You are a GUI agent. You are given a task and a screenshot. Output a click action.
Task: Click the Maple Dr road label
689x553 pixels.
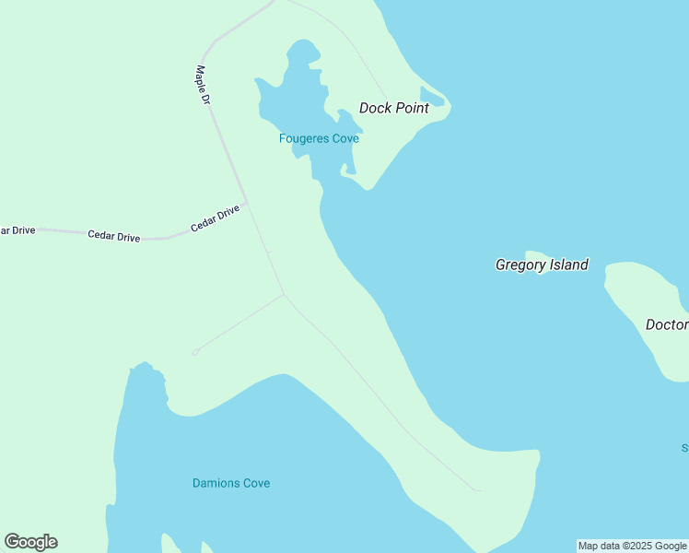(x=204, y=85)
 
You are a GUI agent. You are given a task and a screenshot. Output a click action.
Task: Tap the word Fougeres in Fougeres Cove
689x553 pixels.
(x=303, y=139)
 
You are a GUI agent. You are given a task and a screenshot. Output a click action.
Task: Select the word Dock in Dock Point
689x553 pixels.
(x=375, y=108)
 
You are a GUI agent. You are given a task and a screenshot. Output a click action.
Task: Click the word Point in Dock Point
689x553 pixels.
(x=412, y=108)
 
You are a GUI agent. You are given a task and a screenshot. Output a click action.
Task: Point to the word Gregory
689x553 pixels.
(x=521, y=265)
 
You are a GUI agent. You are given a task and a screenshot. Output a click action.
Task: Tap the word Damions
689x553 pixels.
(x=217, y=483)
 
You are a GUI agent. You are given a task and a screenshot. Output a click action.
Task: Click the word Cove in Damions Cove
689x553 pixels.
(x=257, y=483)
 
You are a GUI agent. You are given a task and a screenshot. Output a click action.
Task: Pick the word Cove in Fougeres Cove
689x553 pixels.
(x=344, y=139)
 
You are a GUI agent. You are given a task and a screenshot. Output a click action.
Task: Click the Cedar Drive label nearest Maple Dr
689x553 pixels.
(x=215, y=218)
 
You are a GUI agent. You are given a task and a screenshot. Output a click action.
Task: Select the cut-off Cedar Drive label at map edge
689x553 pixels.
(x=17, y=229)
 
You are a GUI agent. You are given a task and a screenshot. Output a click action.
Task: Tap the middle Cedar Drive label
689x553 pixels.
(x=113, y=236)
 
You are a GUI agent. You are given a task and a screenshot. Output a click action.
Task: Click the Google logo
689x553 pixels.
(x=30, y=541)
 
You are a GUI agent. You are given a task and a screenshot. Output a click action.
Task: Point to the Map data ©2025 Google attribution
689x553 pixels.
(x=632, y=546)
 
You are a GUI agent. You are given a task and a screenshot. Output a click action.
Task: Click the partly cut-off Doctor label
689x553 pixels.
(x=667, y=324)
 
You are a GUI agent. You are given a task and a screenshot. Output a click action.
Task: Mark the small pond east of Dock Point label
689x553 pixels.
(x=432, y=97)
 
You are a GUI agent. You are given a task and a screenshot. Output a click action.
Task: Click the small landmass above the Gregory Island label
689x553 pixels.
(x=538, y=254)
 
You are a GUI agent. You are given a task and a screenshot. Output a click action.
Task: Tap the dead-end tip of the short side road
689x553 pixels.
(x=194, y=352)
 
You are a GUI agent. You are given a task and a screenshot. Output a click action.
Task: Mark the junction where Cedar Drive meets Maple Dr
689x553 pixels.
(x=247, y=202)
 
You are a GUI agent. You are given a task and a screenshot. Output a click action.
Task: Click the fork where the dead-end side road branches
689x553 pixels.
(x=284, y=295)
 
